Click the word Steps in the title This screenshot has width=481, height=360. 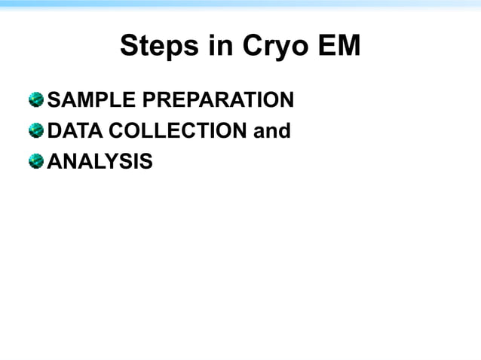[155, 47]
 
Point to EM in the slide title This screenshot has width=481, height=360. [338, 47]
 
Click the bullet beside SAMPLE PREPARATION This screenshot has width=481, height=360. [35, 99]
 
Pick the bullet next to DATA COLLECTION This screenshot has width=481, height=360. [35, 130]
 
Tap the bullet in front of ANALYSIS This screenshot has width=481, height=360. [35, 160]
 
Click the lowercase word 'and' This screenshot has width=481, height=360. [272, 131]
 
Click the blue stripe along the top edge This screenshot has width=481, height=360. [240, 3]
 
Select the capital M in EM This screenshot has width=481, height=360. [348, 47]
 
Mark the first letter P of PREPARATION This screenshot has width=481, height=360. [145, 99]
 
